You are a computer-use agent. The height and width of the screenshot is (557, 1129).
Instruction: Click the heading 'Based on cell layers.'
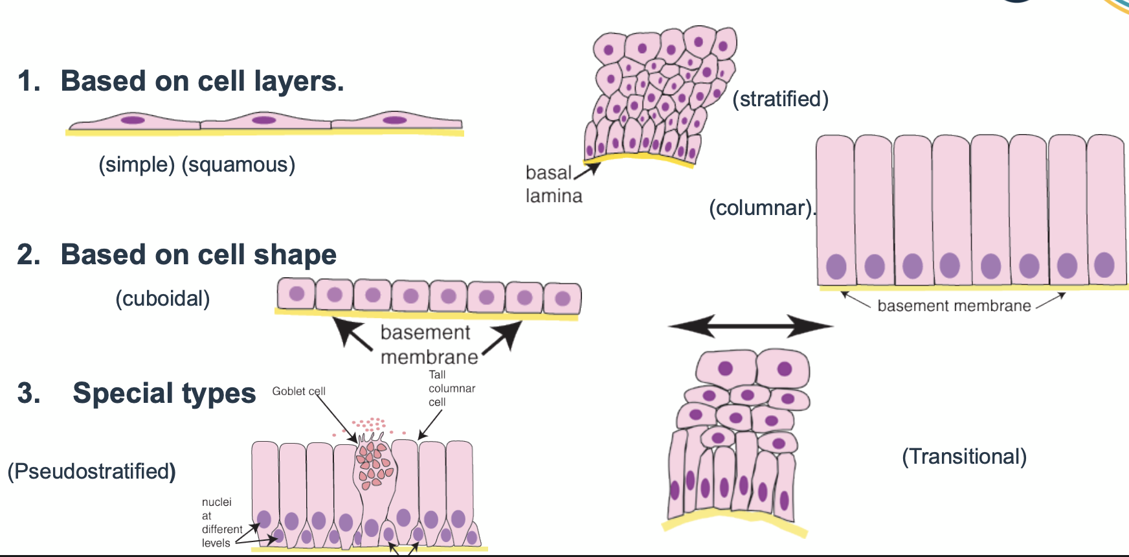click(201, 82)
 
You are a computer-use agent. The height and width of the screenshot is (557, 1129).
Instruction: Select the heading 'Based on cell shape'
click(198, 255)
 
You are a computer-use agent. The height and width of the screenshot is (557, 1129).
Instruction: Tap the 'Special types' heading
click(164, 393)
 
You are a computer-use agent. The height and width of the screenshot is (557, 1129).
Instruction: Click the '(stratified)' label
click(780, 99)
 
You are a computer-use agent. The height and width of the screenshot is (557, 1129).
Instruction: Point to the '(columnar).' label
click(762, 208)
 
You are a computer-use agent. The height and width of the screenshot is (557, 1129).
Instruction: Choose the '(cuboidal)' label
click(162, 299)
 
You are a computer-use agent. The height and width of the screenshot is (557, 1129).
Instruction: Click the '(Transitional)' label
click(964, 457)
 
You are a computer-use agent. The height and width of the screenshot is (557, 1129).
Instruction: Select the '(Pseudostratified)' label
click(91, 472)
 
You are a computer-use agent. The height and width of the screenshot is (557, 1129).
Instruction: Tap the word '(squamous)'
click(238, 165)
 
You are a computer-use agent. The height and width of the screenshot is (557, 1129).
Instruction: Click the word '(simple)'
click(137, 165)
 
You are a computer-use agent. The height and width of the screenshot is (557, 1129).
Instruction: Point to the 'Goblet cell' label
click(298, 391)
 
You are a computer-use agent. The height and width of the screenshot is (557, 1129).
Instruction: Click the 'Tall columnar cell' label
click(451, 389)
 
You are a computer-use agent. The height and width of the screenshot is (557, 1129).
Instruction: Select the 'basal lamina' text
click(553, 184)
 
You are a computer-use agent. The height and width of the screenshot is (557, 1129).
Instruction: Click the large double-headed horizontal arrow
click(750, 326)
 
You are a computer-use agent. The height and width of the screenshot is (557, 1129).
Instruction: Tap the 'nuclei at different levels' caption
click(221, 523)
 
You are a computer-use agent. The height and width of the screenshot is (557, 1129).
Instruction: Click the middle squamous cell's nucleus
click(263, 120)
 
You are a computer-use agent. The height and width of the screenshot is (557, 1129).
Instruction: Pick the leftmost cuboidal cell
click(296, 295)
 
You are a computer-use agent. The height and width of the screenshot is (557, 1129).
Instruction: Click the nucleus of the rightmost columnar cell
click(1104, 265)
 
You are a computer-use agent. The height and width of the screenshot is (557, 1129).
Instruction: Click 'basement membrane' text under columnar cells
click(954, 306)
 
